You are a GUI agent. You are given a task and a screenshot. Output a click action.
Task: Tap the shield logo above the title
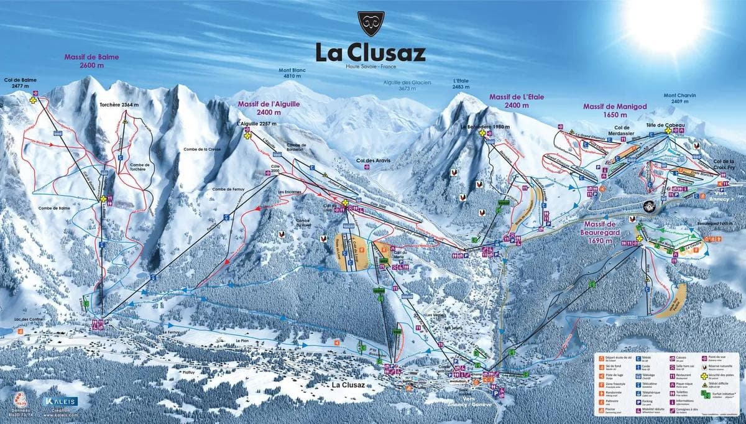click(x=371, y=24)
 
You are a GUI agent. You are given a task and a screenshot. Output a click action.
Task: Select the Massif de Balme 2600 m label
click(x=91, y=61)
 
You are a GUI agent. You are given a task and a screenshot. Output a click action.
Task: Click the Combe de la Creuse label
click(x=202, y=150)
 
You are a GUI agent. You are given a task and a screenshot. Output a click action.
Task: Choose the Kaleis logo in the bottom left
click(x=61, y=403)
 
